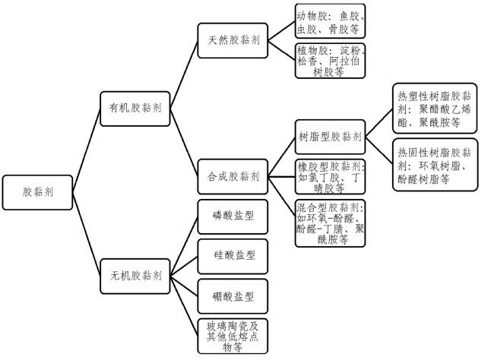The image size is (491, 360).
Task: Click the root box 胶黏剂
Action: click(38, 191)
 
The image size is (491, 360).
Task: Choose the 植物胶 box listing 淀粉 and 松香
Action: click(331, 61)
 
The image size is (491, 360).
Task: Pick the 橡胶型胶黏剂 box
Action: click(330, 176)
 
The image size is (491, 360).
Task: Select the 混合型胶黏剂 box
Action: click(330, 223)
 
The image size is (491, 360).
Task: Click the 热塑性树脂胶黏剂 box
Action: click(434, 109)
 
